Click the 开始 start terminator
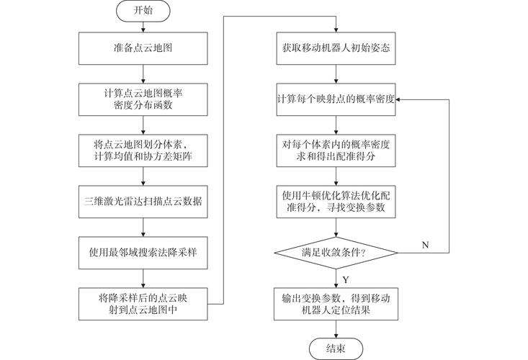tap(143, 12)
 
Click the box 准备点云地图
tap(143, 50)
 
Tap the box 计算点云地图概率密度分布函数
tap(143, 98)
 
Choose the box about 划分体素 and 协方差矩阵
tap(143, 149)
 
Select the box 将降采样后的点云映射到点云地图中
tap(143, 302)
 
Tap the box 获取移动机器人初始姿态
tap(336, 50)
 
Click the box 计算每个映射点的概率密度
tap(336, 99)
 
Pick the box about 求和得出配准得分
tap(336, 149)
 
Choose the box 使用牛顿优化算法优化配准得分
tap(336, 200)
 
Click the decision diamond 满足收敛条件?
tap(336, 252)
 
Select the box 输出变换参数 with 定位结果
tap(336, 302)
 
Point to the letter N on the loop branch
tap(424, 245)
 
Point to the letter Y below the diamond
tap(346, 278)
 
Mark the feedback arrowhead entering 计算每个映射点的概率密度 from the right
tap(400, 99)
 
